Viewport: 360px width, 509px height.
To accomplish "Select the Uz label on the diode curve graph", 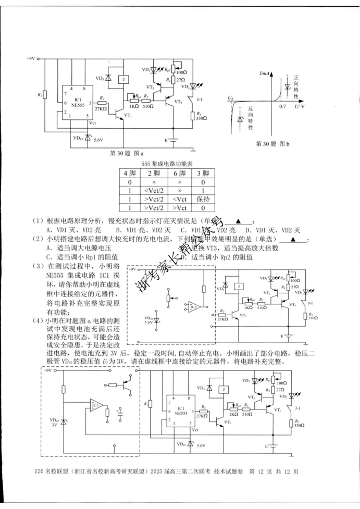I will pos(230,97).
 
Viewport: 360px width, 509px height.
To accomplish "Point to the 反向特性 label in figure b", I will pos(251,118).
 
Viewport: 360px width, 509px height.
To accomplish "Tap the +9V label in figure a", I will pos(30,59).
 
